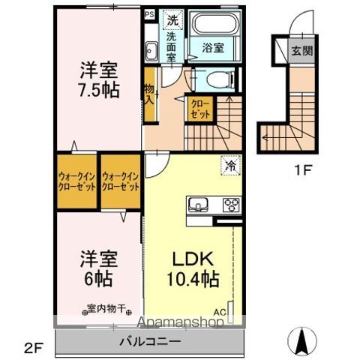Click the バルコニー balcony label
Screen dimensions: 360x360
coord(149,341)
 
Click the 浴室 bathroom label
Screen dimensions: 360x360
coord(211,47)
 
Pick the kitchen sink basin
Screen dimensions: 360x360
coord(200,205)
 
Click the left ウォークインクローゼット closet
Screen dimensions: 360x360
coord(76,181)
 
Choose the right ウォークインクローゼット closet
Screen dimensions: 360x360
coord(121,181)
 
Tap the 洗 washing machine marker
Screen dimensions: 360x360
coord(172,19)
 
